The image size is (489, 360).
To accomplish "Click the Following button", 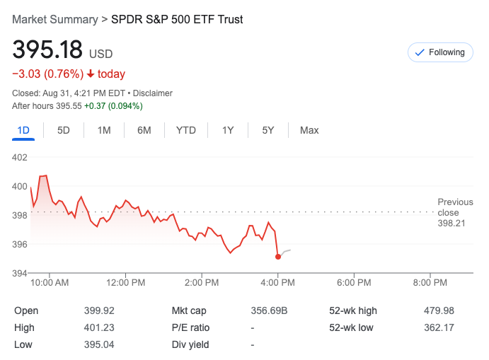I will click(440, 52).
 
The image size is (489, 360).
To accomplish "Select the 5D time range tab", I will click(64, 130).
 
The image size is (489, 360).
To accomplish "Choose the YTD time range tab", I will click(186, 130).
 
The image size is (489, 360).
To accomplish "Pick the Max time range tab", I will click(309, 130).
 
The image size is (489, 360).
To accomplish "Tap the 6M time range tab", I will click(144, 130).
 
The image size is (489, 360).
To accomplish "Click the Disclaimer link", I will click(154, 93).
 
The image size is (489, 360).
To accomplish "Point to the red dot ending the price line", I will click(278, 257).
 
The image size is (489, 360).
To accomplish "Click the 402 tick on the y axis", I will click(21, 157).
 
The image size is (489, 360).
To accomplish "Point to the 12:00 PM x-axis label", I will click(126, 283).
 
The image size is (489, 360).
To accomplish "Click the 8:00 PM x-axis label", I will click(430, 283).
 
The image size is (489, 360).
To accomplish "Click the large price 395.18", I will click(47, 51).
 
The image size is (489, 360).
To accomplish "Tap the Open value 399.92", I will click(99, 310).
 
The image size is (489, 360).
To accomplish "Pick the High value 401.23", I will click(99, 327).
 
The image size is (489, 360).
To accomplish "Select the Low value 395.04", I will click(99, 344).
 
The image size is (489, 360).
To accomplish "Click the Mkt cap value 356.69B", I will click(270, 310).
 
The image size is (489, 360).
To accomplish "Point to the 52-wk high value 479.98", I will click(439, 310).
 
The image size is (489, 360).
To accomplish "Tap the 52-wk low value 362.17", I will click(439, 327).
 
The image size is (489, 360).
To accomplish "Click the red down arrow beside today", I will click(91, 74).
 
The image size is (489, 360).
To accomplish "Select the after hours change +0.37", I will click(96, 106).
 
